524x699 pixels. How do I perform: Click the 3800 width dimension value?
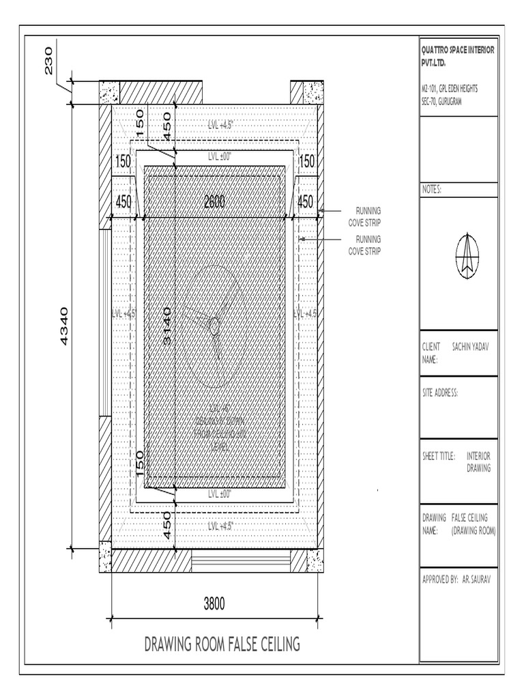[214, 603]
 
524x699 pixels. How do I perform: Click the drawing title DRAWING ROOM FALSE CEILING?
[222, 644]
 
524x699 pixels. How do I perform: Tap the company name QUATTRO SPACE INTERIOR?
[458, 51]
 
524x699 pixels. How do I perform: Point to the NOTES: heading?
[432, 190]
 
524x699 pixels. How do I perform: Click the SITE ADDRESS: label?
[439, 393]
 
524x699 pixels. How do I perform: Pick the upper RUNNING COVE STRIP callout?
[364, 216]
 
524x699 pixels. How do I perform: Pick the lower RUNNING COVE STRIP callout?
[364, 245]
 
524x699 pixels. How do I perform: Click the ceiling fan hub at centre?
[214, 327]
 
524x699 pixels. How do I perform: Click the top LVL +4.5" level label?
[220, 125]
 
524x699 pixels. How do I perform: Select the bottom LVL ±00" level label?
[220, 492]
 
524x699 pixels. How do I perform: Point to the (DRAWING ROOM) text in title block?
[473, 530]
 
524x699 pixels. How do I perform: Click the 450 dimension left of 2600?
[123, 201]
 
